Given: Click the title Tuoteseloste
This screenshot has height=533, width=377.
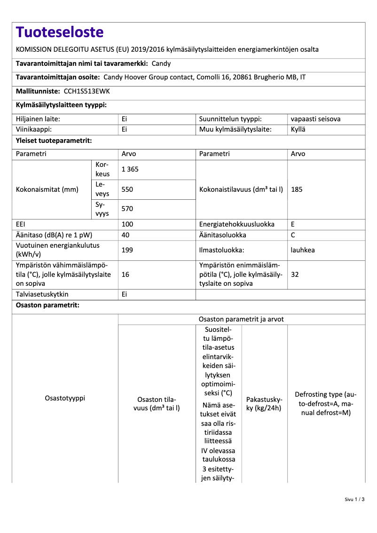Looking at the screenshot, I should coord(59,32).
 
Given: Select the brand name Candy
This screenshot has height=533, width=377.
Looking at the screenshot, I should coord(161,63).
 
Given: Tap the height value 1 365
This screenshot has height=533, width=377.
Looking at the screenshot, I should coord(130,170).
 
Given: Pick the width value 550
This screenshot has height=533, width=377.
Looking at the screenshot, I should coord(127,189).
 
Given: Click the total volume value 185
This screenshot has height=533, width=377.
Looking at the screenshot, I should coord(297,189).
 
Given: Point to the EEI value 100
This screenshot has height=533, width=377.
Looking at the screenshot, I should coord(127,224).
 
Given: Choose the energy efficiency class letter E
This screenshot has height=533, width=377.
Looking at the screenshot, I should coord(293,224).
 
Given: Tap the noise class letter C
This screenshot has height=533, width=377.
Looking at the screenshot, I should coord(293,235).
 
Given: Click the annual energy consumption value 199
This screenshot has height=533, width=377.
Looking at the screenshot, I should coord(127,250).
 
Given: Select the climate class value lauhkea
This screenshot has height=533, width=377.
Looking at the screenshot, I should coord(303,250).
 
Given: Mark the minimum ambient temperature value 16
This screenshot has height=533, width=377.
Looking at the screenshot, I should coord(126,274).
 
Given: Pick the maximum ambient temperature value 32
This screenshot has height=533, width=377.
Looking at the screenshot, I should coord(295,274).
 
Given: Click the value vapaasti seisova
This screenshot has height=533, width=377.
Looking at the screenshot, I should coord(315,119).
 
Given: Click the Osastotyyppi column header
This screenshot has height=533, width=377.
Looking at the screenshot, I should coord(65,398).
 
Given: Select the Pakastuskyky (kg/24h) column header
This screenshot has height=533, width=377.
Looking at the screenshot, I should coord(264,403).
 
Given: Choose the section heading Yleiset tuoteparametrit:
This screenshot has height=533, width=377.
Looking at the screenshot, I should coord(54,141).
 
